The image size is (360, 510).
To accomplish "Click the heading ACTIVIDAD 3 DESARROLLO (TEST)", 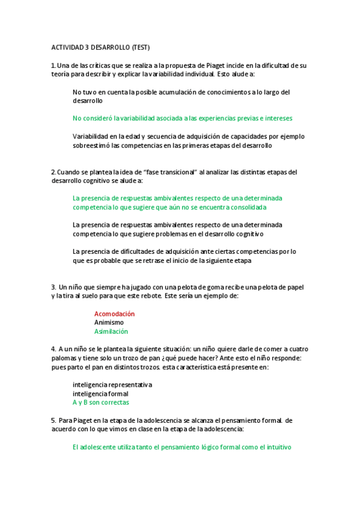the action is click(x=100, y=47).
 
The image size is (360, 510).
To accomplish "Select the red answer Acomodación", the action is click(x=114, y=314).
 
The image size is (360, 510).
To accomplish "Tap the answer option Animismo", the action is click(x=109, y=322).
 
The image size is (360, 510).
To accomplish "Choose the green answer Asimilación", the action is click(x=111, y=331).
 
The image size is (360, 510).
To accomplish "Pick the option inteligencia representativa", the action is click(x=112, y=384).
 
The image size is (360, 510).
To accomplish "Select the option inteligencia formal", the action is click(x=100, y=393).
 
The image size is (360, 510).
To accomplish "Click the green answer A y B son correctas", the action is click(x=100, y=402).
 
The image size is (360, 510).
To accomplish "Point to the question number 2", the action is click(x=53, y=172).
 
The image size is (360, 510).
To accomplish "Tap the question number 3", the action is click(x=53, y=287).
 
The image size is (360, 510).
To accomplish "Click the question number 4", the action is click(x=53, y=349).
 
